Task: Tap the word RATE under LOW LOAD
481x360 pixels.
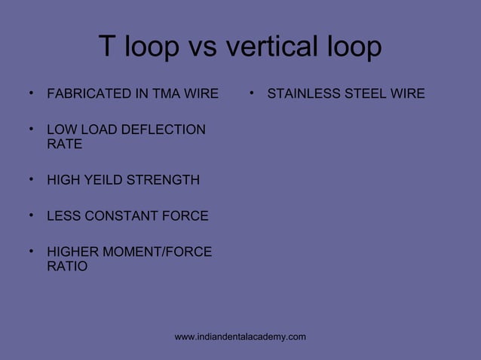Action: point(64,145)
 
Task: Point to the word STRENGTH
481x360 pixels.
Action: point(164,180)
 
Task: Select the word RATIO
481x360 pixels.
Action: point(67,267)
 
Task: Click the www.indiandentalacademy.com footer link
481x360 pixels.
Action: point(240,337)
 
